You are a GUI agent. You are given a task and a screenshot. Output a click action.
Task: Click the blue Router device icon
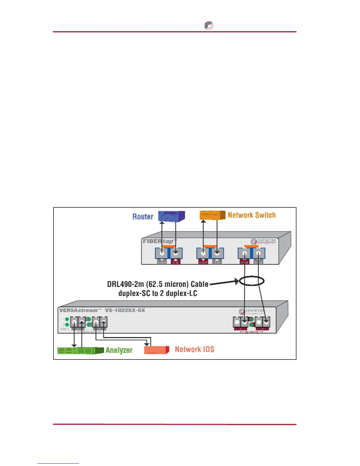click(171, 216)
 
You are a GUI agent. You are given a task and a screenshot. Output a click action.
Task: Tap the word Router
click(143, 217)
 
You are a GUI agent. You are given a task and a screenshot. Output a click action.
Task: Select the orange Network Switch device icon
click(212, 215)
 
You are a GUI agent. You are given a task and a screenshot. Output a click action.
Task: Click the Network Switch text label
click(252, 215)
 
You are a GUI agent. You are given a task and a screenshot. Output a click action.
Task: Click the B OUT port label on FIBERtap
click(162, 262)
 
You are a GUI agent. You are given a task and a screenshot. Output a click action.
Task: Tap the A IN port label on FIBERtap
click(176, 262)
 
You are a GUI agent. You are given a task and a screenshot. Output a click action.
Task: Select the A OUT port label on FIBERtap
click(203, 262)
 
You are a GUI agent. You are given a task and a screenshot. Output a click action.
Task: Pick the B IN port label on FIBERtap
click(217, 262)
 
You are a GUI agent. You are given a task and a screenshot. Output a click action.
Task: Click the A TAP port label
click(244, 262)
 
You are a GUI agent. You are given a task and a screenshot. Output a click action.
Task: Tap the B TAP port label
click(258, 262)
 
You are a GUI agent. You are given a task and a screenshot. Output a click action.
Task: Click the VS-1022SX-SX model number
click(125, 310)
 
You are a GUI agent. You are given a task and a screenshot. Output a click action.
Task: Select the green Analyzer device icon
click(80, 350)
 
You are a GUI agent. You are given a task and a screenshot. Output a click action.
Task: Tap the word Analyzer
click(119, 350)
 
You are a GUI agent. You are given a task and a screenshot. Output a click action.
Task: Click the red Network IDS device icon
click(156, 350)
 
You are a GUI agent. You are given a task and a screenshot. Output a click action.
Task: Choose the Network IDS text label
click(194, 349)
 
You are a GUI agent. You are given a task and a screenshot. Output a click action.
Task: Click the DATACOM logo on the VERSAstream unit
click(252, 311)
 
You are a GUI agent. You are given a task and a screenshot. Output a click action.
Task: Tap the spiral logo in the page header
click(209, 26)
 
